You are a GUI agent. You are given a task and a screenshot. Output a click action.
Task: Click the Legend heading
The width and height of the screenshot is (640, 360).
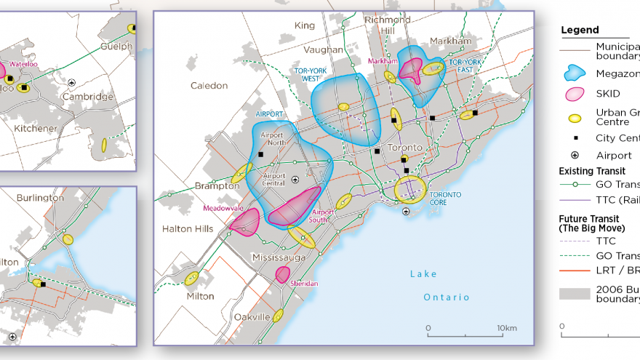coord(580,31)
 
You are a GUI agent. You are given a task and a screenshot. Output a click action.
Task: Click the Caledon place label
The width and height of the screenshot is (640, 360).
coord(209,86)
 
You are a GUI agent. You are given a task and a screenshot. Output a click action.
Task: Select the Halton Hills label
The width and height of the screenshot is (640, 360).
coord(188,229)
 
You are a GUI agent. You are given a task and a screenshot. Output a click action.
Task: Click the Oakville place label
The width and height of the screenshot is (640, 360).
coord(252,317)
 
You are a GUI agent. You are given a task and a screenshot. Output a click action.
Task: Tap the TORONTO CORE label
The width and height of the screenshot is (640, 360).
coord(445,199)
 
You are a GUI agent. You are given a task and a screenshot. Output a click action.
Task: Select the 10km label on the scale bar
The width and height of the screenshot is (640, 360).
coord(507,329)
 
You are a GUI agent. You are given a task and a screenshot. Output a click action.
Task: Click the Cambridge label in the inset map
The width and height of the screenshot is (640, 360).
coord(88,96)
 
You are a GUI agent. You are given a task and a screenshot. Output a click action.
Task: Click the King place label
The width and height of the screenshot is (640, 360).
coord(305,26)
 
